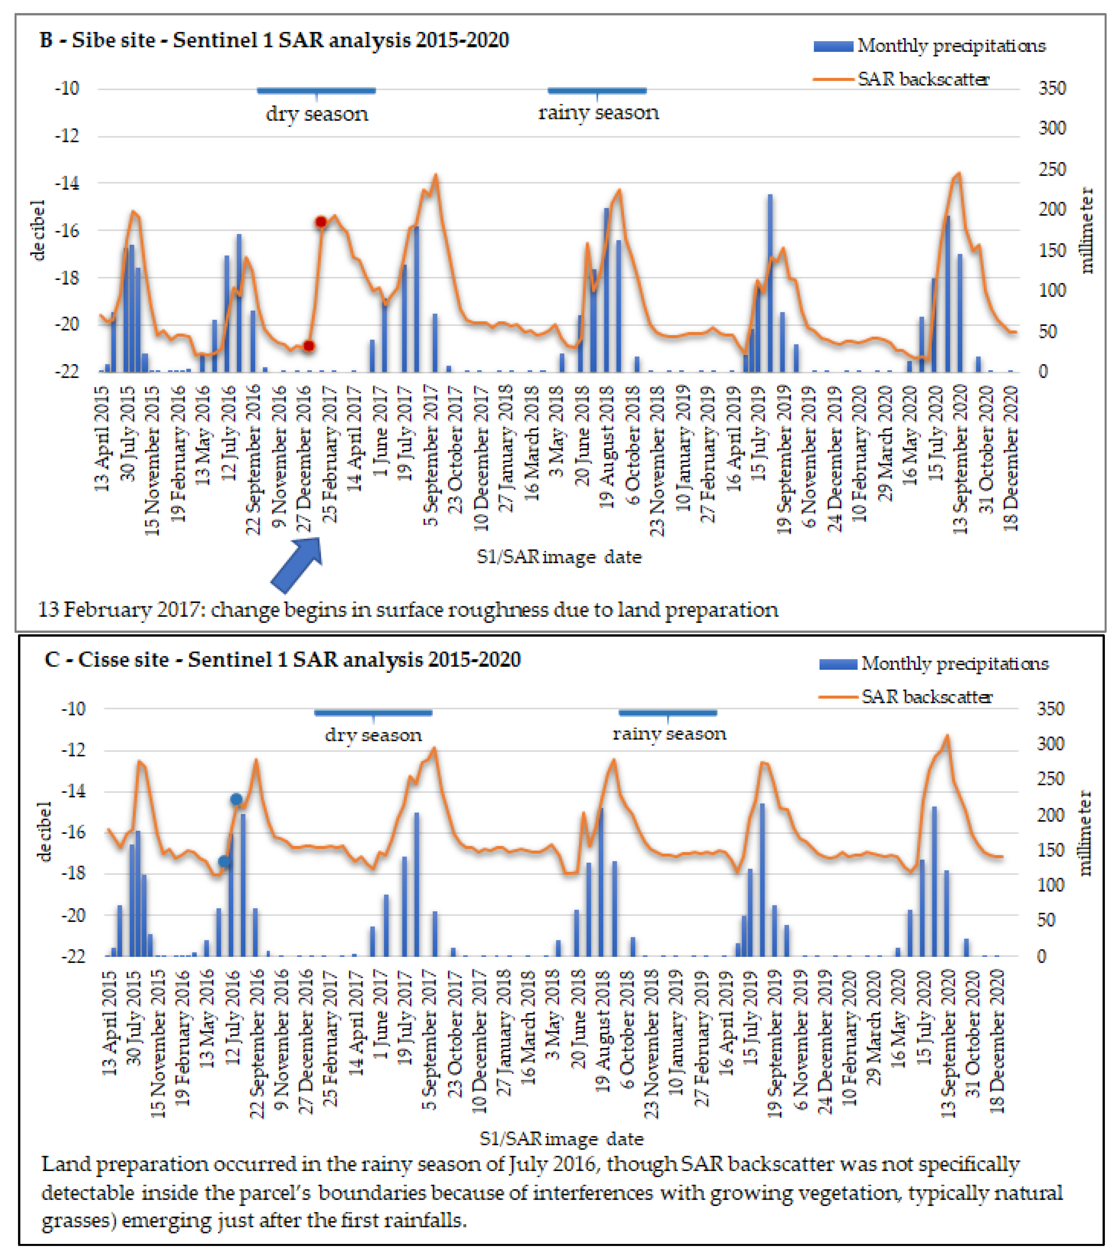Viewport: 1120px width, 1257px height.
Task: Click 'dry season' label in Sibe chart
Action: pyautogui.click(x=317, y=114)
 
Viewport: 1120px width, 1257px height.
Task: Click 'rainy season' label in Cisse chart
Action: pyautogui.click(x=669, y=733)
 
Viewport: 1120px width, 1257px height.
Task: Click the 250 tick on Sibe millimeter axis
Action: pyautogui.click(x=1052, y=169)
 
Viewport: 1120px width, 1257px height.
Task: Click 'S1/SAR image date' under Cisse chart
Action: pyautogui.click(x=561, y=1139)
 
